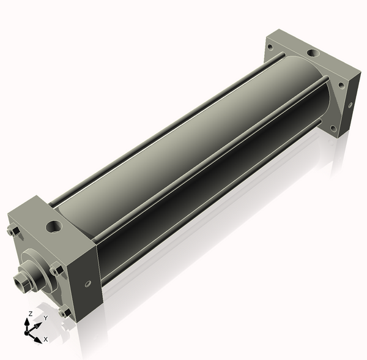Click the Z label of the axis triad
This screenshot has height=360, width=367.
pyautogui.click(x=31, y=314)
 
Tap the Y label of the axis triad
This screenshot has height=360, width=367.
pyautogui.click(x=46, y=318)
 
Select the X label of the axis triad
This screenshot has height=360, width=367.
pyautogui.click(x=46, y=339)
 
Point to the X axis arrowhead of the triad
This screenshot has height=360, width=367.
pyautogui.click(x=38, y=340)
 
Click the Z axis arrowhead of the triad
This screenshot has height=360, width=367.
pyautogui.click(x=27, y=322)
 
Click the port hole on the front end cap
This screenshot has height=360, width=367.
pyautogui.click(x=54, y=227)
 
